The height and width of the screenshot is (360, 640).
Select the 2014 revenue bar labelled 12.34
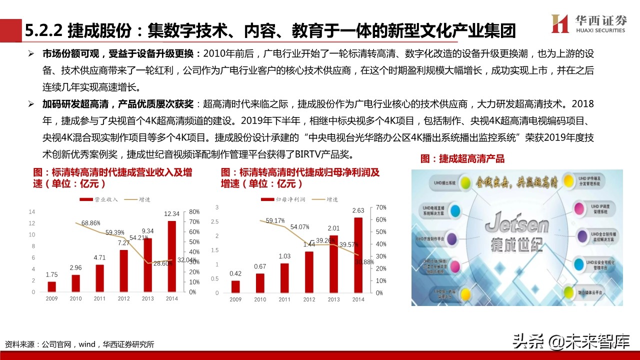pos(171,256)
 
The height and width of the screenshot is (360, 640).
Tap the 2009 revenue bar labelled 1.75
pos(51,286)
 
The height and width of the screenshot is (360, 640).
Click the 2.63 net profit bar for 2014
pos(358,254)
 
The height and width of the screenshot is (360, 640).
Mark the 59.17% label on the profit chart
pos(275,220)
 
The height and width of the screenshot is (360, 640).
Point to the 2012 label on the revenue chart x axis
pos(123,299)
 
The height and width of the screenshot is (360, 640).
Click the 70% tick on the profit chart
pos(380,207)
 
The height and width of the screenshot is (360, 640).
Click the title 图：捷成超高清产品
pos(462,159)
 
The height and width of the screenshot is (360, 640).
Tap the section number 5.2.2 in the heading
pos(43,31)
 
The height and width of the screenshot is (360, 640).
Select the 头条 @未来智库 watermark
pos(570,341)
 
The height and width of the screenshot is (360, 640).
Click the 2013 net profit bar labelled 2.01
pos(333,264)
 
